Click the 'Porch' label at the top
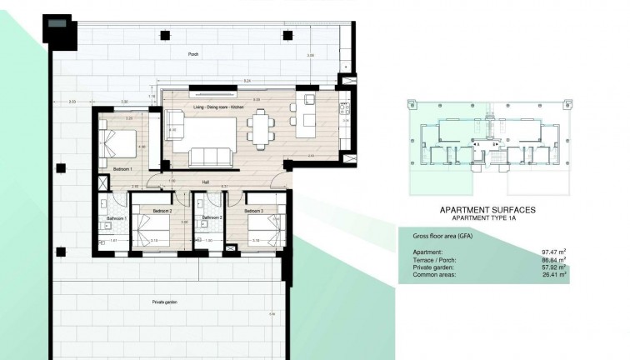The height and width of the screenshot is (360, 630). (x=193, y=52)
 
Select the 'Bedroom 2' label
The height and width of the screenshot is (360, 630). (x=162, y=212)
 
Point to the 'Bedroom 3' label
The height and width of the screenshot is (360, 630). (x=254, y=212)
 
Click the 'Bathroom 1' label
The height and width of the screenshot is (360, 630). (x=116, y=218)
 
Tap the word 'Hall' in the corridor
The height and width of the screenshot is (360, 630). (x=205, y=182)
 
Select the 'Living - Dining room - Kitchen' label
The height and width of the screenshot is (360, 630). (x=217, y=107)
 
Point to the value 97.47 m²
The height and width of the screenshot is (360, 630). (x=554, y=252)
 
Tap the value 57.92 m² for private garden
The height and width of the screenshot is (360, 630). (x=554, y=266)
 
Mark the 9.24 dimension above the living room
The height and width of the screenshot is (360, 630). (x=247, y=81)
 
